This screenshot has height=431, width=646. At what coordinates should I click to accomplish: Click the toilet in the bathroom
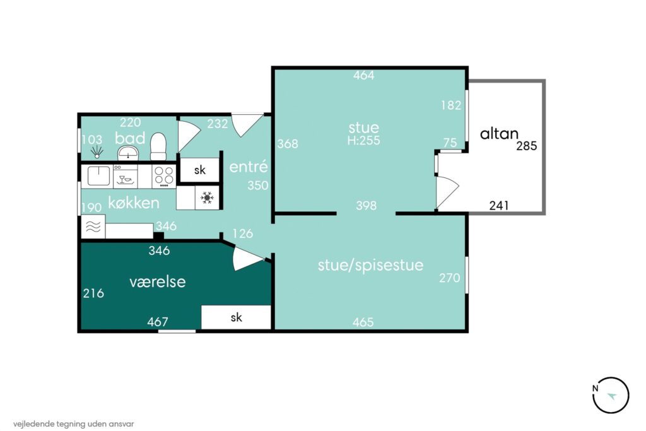158,146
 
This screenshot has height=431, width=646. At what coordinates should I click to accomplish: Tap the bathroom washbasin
129,153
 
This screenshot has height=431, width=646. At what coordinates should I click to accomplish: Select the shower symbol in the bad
97,151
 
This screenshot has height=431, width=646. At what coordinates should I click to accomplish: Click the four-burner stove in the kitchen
164,176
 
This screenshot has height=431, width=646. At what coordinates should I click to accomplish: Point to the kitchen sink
99,176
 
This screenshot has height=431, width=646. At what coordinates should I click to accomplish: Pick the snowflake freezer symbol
207,198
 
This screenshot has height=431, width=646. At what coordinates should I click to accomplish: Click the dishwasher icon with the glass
126,177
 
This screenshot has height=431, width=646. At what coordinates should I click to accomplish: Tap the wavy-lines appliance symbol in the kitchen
93,227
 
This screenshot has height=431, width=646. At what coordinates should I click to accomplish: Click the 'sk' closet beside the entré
200,170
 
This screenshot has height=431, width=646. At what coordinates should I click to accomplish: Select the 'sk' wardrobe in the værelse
236,317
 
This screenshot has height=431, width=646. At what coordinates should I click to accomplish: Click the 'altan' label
499,134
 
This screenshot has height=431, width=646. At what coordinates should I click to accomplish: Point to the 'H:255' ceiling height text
364,141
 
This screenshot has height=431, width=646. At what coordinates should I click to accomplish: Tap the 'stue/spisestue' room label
370,265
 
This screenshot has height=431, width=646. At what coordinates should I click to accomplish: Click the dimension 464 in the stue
364,75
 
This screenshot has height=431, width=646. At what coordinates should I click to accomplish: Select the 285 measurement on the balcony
527,146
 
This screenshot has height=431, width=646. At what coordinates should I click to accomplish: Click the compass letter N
595,388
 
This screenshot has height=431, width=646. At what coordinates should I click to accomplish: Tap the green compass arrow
612,396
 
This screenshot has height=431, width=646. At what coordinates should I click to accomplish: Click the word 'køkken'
134,203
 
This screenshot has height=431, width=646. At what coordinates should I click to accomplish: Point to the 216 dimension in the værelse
93,293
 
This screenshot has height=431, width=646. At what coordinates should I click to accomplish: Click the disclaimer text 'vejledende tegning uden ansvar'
73,423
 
